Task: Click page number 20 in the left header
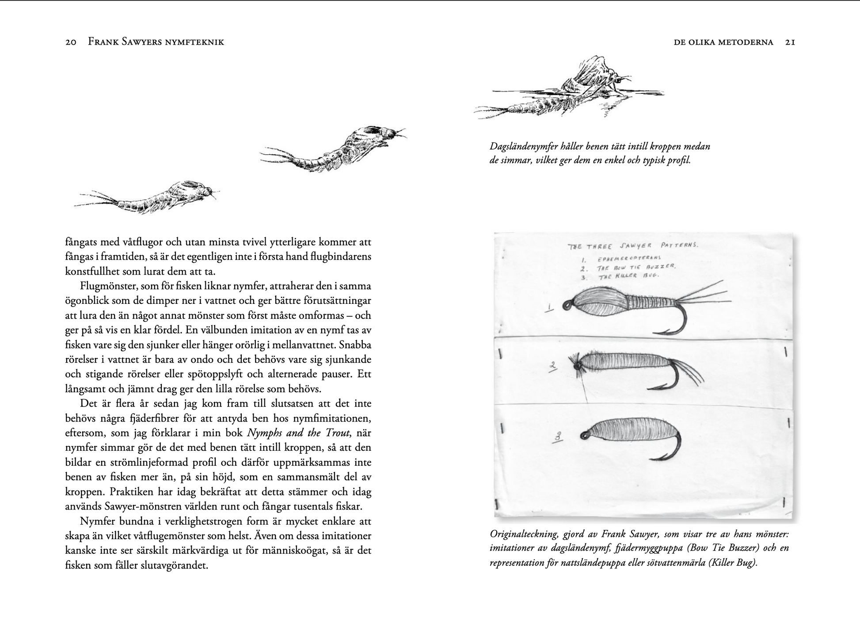[x=71, y=42]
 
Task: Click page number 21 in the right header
[x=790, y=42]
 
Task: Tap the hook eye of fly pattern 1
[x=567, y=305]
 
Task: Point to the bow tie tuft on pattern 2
[x=576, y=364]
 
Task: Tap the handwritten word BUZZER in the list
[x=661, y=267]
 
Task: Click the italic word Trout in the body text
[x=338, y=433]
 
